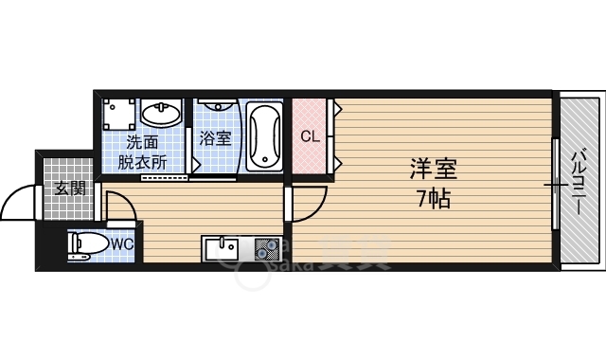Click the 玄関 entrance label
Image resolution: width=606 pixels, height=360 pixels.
70,188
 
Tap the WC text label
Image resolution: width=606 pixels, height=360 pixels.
122,243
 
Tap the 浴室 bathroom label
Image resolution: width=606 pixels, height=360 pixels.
215,138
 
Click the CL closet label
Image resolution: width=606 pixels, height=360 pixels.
310,136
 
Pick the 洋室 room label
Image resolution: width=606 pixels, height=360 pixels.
434,170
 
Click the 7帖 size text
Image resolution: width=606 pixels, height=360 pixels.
433,199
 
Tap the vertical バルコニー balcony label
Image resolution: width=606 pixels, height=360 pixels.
576,179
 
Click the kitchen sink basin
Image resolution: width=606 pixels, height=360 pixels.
223,249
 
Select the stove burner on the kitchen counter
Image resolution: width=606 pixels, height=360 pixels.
264,249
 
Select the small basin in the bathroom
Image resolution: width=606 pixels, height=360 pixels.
216,109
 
